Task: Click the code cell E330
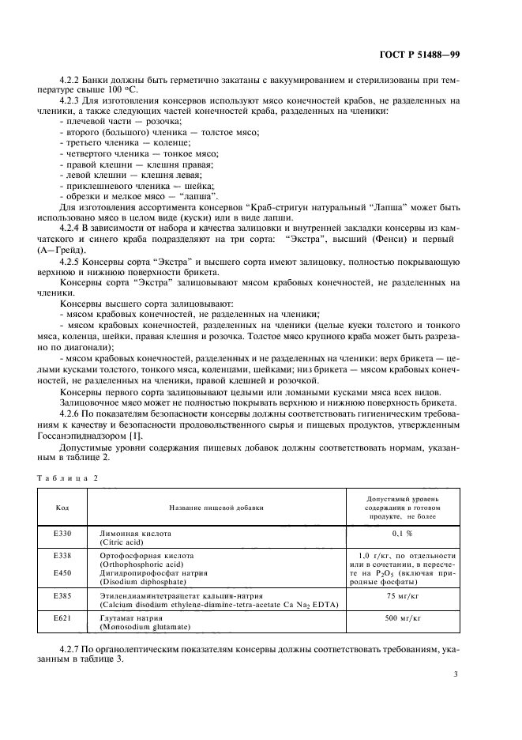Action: (62, 534)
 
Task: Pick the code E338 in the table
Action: (62, 556)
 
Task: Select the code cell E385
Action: (62, 595)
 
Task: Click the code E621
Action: (62, 617)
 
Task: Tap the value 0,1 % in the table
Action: (404, 534)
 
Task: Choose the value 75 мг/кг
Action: (404, 595)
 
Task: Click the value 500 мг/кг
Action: (404, 617)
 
